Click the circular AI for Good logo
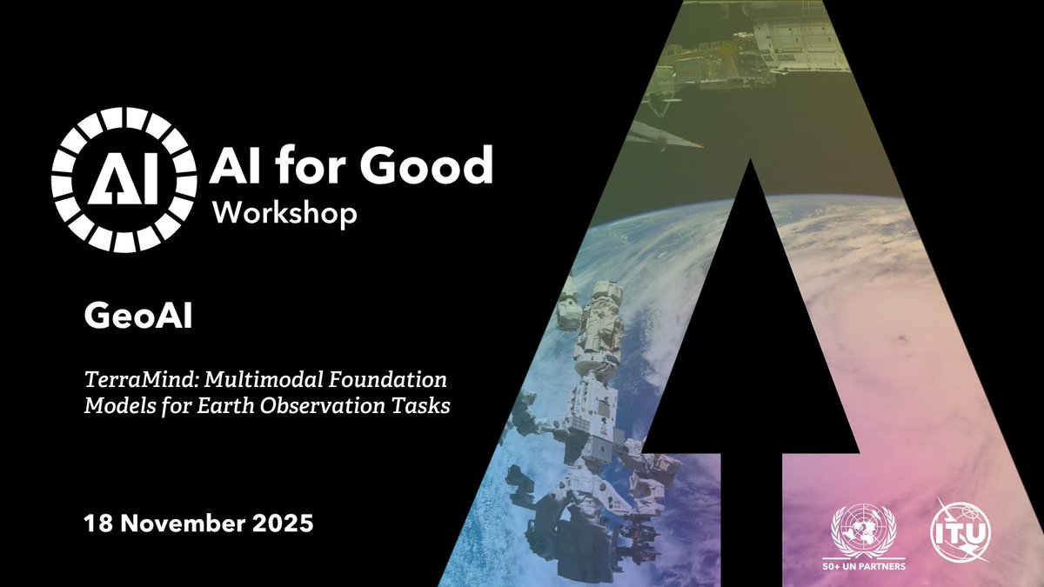click(x=124, y=180)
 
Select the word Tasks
click(x=423, y=406)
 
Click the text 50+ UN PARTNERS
click(x=862, y=567)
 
